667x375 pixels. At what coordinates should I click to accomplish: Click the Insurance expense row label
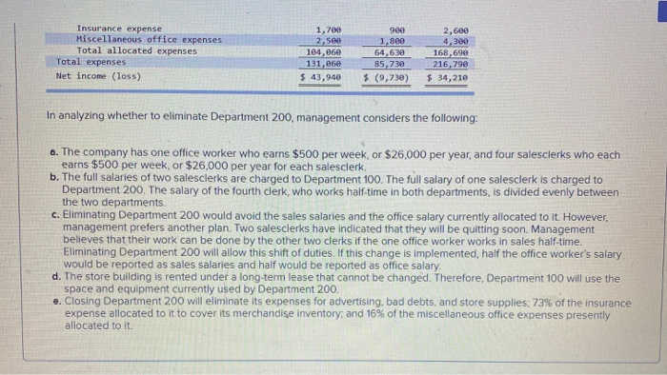(119, 29)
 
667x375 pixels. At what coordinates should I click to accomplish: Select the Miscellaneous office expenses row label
(149, 40)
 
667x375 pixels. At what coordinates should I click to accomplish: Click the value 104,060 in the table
(325, 51)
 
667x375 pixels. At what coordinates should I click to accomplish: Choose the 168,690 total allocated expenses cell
(447, 51)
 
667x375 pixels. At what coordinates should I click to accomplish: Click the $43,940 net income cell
(321, 75)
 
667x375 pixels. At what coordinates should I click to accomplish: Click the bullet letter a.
(52, 154)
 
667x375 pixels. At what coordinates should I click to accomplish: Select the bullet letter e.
(52, 302)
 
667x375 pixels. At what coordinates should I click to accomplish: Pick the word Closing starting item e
(82, 302)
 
